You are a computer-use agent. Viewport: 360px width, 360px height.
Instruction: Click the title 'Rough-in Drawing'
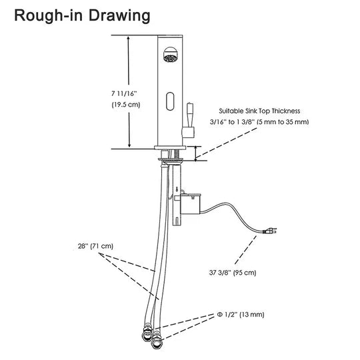point(82,16)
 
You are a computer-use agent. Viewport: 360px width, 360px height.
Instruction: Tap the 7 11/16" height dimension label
point(124,94)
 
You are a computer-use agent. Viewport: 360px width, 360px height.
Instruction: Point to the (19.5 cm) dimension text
point(126,105)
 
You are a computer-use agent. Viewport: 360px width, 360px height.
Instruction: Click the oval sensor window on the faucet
point(170,101)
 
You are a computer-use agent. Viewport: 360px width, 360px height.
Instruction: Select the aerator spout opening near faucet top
point(170,55)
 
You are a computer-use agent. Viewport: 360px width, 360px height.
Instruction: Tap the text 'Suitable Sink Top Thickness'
point(259,111)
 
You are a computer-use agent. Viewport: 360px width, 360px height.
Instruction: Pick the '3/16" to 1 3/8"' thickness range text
point(232,122)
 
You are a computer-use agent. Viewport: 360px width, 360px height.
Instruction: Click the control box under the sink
point(190,203)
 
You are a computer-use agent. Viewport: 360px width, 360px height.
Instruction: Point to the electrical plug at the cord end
point(270,231)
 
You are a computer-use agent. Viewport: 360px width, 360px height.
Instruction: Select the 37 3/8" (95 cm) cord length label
point(233,273)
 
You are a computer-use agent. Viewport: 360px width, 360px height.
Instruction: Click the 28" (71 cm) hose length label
point(95,246)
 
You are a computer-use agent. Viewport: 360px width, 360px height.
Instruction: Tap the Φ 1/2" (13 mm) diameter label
point(241,314)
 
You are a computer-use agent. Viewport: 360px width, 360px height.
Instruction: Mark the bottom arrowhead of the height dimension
point(129,145)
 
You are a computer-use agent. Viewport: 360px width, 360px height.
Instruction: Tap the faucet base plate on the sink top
point(170,147)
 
